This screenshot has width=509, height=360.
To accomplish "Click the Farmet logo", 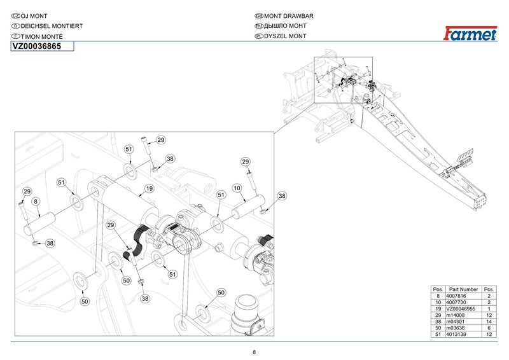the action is [x=470, y=34].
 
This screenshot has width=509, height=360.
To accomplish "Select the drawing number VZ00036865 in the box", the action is [x=37, y=46].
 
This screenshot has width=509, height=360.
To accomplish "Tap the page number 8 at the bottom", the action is [x=254, y=352].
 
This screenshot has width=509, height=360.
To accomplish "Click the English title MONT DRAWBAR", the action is [x=289, y=16].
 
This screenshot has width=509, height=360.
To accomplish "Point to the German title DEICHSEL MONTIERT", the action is [x=52, y=26].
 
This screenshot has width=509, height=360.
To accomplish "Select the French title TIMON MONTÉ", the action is [x=41, y=36].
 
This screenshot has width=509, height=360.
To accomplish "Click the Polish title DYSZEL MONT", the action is [x=285, y=36].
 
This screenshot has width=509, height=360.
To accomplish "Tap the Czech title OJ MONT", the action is [x=34, y=16].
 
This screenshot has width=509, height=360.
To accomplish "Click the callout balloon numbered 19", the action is [x=149, y=189].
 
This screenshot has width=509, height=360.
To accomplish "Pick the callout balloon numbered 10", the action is [x=237, y=188].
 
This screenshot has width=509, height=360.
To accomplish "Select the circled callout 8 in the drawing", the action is [x=36, y=202].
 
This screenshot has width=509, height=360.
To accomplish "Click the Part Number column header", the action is [x=463, y=289].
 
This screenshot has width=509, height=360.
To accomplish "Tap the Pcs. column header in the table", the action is [x=489, y=289].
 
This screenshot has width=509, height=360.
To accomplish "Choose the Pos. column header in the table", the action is [x=438, y=289].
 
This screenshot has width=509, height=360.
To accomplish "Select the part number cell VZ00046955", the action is [x=461, y=308].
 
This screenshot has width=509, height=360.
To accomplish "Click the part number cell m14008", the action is [x=456, y=315].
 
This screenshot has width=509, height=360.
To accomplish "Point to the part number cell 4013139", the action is [x=456, y=335].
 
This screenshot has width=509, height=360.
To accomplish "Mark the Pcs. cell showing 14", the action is [x=489, y=322].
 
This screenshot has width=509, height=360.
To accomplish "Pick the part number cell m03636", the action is [x=456, y=328].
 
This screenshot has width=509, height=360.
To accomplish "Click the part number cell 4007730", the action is [x=456, y=302].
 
